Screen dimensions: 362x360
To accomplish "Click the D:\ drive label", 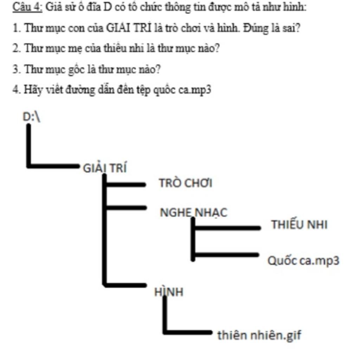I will (32, 117).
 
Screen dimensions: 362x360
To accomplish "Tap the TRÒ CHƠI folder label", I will (185, 183).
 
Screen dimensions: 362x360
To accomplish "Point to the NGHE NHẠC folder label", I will (193, 212).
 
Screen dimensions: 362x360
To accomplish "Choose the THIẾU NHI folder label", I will (299, 225).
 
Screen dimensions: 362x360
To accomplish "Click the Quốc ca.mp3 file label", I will (303, 261).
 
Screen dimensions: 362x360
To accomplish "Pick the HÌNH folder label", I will (169, 292).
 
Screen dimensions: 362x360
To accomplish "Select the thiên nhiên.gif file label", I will (259, 335).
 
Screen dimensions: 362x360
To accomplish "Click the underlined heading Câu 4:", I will (27, 7).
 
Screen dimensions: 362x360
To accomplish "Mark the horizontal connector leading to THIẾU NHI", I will (227, 228).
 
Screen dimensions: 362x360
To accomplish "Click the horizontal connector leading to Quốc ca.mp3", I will (227, 254).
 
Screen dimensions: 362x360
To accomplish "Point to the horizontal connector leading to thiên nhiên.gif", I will (188, 332).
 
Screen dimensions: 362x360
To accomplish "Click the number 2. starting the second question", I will (16, 49).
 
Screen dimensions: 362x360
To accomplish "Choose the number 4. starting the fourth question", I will (16, 90).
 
